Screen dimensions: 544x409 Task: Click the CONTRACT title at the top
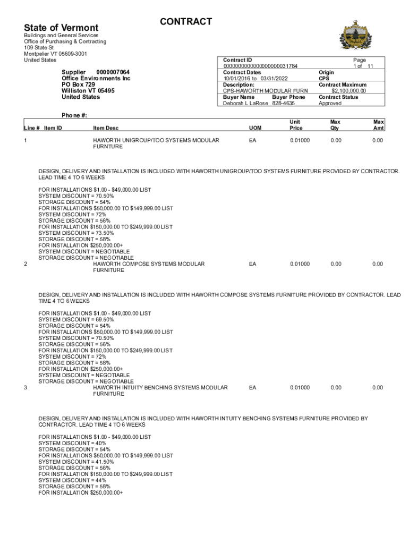[x=185, y=22]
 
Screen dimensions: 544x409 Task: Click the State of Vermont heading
[x=61, y=28]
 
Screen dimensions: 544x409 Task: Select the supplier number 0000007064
[x=113, y=72]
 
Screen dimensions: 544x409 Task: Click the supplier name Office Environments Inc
[x=96, y=78]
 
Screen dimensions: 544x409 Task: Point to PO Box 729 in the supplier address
[x=78, y=84]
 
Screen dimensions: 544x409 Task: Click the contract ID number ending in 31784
[x=260, y=66]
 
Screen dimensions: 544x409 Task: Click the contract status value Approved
[x=330, y=104]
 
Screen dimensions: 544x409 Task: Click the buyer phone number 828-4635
[x=284, y=104]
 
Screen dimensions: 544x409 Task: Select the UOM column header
[x=255, y=128]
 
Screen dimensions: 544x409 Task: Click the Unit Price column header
[x=296, y=125]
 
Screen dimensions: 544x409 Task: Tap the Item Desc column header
[x=106, y=128]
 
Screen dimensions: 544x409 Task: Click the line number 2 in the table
[x=26, y=264]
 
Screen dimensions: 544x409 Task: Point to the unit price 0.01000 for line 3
[x=300, y=388]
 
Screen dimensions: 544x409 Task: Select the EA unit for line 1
[x=252, y=140]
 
